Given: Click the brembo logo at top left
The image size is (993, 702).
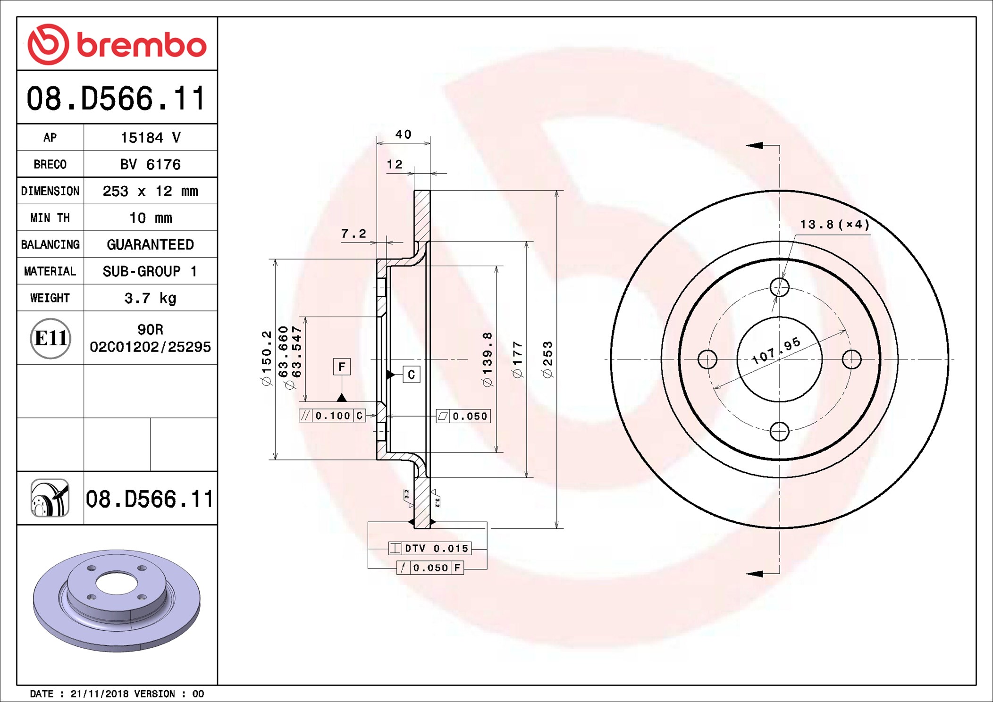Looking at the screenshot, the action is point(117,44).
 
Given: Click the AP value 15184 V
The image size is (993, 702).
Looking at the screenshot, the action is point(151,138).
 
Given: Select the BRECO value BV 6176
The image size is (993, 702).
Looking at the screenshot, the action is point(150,164).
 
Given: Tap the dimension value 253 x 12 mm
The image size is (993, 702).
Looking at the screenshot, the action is point(151,191).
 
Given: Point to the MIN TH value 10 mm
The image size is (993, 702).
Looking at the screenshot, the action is point(151,218).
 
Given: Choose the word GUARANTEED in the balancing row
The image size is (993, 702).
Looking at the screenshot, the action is point(150,244).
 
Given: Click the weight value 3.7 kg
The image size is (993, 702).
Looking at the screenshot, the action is point(150,298).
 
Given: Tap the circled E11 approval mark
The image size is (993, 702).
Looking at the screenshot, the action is point(50,338).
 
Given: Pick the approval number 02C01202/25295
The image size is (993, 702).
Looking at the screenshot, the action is point(150,347).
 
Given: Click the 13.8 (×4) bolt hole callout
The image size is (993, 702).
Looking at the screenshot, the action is point(834,225).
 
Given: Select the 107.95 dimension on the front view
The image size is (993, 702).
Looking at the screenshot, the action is point(776,351).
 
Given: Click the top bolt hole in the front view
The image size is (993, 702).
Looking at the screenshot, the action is point(779,287).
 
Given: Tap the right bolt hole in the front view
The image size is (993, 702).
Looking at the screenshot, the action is point(851,359).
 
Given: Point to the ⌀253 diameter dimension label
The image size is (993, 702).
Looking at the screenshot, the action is point(547,359).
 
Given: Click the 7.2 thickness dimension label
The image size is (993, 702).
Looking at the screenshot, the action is point(353,234).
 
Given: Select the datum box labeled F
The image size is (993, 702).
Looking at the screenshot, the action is point(342,367).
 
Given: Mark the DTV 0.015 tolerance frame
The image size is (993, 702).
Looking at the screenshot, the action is point(429,548).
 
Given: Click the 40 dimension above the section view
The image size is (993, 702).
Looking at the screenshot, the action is point(403,134).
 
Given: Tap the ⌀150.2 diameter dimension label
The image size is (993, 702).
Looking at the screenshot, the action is point(267,358).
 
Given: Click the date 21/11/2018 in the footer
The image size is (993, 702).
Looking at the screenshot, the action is point(99,694).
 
